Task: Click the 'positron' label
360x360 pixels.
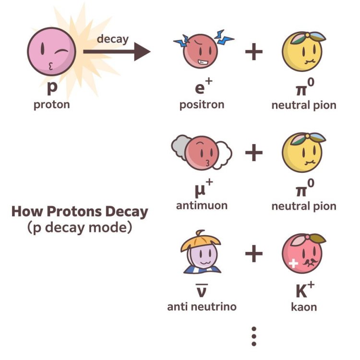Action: pos(202,104)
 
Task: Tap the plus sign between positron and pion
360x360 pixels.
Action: pos(254,51)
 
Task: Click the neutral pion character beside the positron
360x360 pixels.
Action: pos(302,51)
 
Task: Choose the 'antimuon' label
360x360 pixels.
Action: pos(202,205)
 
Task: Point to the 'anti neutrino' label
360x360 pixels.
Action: pos(202,306)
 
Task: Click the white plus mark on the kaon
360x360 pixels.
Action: pos(292,263)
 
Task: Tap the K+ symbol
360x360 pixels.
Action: pos(304,290)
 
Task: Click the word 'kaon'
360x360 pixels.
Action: pos(304,306)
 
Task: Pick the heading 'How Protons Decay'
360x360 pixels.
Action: pos(80,212)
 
